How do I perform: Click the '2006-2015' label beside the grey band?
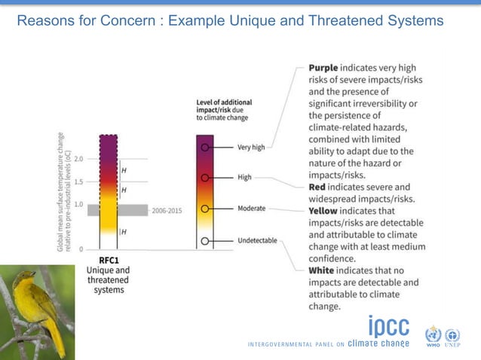[167, 211]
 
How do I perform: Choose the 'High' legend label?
[244, 178]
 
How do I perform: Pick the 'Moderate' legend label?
[252, 208]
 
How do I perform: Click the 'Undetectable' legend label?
[257, 241]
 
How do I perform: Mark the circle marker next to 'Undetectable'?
[204, 242]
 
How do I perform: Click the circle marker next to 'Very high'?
[204, 147]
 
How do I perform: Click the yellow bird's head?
[25, 279]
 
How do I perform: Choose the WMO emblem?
[434, 335]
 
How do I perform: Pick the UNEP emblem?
[452, 335]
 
